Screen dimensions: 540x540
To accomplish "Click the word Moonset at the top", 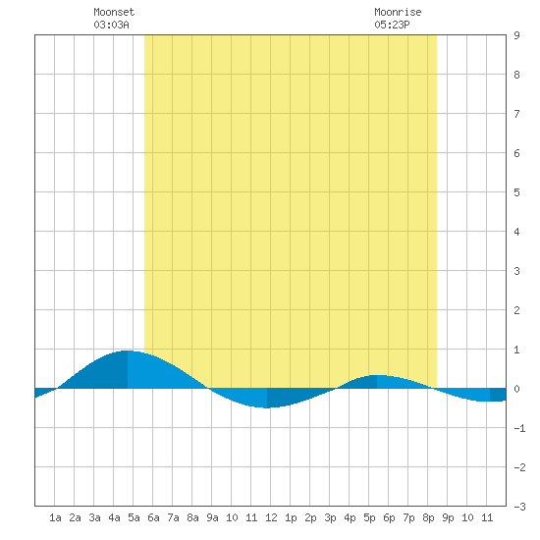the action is click(114, 12).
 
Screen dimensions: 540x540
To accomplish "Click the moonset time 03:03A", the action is click(111, 25).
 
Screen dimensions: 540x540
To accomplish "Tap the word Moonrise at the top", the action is click(398, 12).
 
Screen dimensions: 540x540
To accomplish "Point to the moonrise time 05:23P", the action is click(392, 25).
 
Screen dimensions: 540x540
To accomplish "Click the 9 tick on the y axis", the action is click(516, 35).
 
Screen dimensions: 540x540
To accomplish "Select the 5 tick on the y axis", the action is click(516, 192).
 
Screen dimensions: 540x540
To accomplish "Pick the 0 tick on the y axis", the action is click(516, 389).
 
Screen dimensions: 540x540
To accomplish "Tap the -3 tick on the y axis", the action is click(519, 507).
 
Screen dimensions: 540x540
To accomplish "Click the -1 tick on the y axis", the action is click(519, 428).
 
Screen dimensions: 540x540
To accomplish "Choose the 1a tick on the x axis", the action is click(55, 517).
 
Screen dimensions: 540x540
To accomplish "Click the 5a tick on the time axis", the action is click(134, 517).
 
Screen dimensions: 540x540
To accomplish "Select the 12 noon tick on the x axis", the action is click(271, 517).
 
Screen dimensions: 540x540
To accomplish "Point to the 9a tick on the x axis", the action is click(212, 517).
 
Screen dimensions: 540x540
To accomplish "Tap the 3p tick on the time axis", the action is click(330, 517).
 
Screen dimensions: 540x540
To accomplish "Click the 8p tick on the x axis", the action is click(428, 517).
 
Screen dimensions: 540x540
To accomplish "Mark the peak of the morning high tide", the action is click(128, 351).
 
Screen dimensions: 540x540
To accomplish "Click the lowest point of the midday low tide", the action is click(267, 408).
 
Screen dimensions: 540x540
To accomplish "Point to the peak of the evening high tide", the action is click(377, 375).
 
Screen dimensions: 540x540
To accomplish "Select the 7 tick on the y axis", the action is click(516, 114).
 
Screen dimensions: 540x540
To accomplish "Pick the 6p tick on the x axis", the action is click(389, 517).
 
